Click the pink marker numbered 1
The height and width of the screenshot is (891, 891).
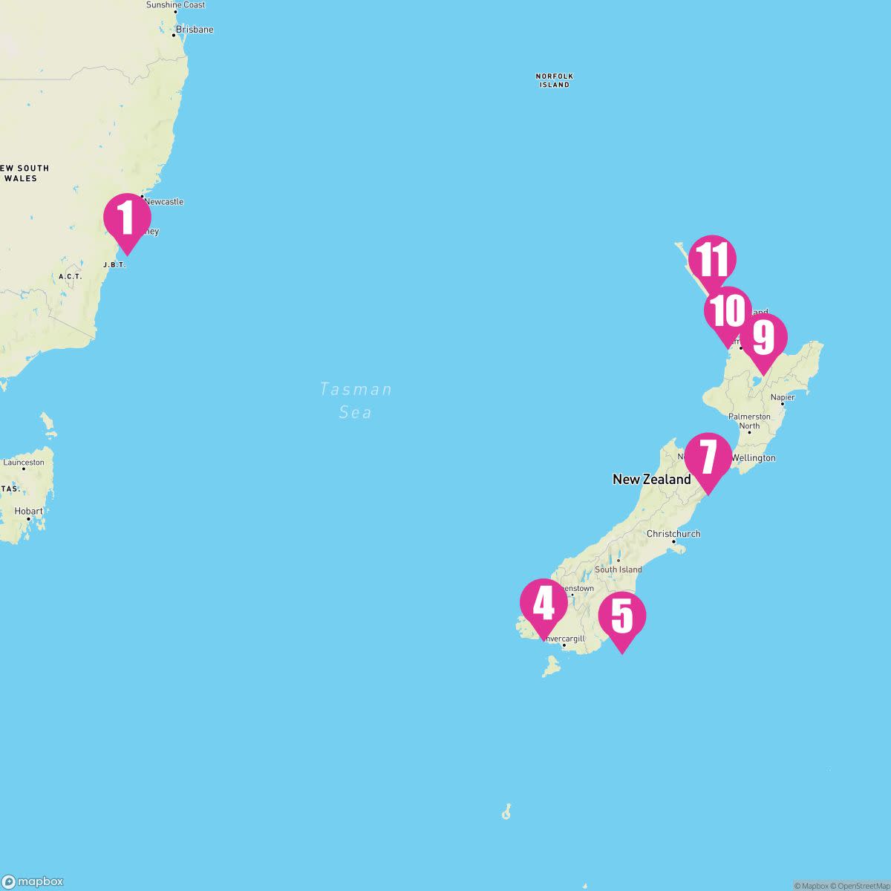click(x=127, y=218)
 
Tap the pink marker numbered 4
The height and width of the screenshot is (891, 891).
click(x=544, y=603)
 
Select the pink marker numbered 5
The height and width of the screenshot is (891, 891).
click(x=622, y=616)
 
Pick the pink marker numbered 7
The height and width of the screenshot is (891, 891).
click(x=708, y=457)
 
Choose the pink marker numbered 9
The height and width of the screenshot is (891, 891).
click(x=763, y=338)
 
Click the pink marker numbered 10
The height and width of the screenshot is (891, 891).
click(x=728, y=311)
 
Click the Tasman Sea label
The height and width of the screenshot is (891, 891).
click(x=356, y=400)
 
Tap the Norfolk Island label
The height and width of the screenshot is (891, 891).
click(x=555, y=80)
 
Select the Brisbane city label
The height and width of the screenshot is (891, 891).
click(x=194, y=30)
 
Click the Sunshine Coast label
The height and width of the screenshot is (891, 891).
click(x=175, y=5)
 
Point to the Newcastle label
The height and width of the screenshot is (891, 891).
click(x=163, y=202)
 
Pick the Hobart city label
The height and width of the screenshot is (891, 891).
click(x=30, y=512)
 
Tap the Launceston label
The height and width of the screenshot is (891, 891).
click(x=24, y=463)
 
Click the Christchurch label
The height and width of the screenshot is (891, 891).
click(x=673, y=534)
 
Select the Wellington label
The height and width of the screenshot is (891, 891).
click(x=753, y=458)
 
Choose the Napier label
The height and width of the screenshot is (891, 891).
click(x=783, y=397)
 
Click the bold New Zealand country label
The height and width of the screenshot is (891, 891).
click(x=651, y=480)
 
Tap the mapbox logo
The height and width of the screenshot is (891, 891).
click(x=33, y=881)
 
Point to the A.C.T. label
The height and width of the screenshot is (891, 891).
click(x=70, y=276)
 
